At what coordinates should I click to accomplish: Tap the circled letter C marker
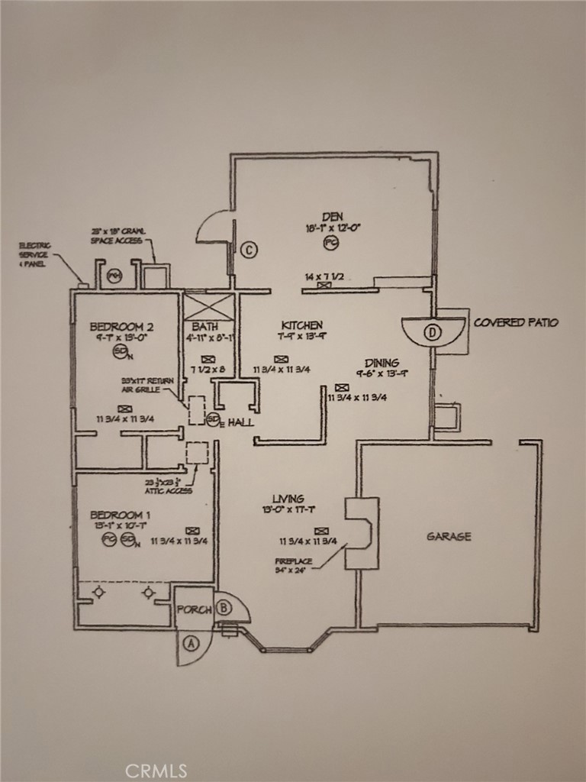pyautogui.click(x=248, y=249)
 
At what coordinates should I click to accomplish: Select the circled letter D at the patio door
pyautogui.click(x=433, y=332)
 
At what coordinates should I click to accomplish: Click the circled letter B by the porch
pyautogui.click(x=224, y=608)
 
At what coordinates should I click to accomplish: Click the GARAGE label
pyautogui.click(x=448, y=537)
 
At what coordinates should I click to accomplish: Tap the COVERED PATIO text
pyautogui.click(x=516, y=322)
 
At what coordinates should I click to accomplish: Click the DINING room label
pyautogui.click(x=382, y=363)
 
